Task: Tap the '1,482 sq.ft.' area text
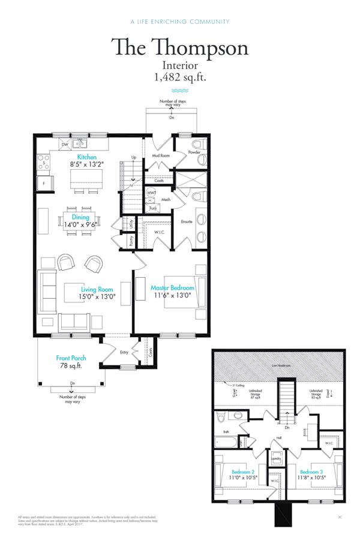[180, 77]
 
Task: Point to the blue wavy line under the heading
[180, 89]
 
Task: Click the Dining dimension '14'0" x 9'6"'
[80, 225]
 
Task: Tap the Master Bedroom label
[172, 288]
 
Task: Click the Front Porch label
[70, 358]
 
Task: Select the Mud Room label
[160, 155]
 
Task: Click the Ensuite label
[186, 222]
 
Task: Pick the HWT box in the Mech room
[152, 193]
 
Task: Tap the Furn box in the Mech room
[152, 208]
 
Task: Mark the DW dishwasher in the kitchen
[64, 145]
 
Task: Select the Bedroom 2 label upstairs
[242, 472]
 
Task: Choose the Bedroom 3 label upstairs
[312, 472]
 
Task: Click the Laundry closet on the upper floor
[277, 459]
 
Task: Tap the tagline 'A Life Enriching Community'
[179, 22]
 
